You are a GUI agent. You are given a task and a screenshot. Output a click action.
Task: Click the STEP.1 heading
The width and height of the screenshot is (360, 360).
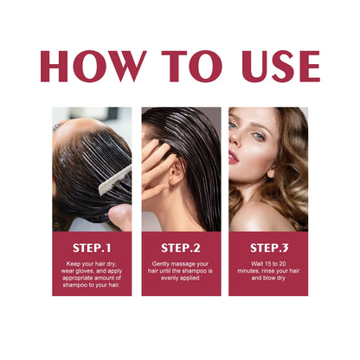92,247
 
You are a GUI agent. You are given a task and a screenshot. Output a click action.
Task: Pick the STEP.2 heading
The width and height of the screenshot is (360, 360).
180,247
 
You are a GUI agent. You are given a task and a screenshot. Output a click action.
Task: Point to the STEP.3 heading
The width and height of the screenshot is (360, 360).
268,247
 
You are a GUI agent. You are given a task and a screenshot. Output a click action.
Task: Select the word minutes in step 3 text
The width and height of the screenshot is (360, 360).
247,271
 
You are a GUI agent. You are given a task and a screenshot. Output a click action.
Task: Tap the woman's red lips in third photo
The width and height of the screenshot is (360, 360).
234,157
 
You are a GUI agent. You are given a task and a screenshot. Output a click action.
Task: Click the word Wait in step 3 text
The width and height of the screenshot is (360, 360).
251,262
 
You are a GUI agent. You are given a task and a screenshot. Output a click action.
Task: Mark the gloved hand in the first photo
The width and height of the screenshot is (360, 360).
121,213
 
